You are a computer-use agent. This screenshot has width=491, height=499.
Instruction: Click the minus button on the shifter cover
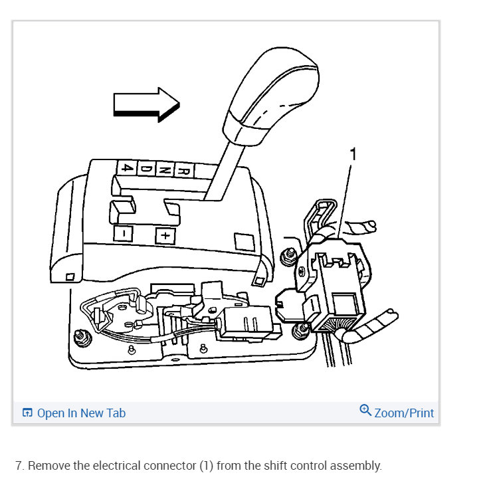123,233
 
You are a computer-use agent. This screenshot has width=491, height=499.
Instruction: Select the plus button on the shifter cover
164,236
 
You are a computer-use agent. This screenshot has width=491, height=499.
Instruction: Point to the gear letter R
187,170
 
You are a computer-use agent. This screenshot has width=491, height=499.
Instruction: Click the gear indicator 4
127,167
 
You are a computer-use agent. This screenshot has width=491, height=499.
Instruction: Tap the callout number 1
353,154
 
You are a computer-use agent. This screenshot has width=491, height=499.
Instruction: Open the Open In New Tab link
81,413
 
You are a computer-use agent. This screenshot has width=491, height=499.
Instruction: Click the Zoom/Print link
404,413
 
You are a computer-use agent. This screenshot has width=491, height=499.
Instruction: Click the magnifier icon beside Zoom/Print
365,410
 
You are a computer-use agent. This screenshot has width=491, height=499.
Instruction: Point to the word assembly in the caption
357,466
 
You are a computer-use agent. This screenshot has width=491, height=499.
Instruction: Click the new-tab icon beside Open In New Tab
27,413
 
